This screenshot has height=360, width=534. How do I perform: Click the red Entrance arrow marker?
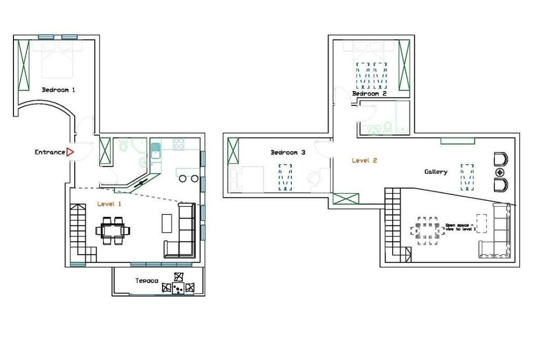coord(70,152)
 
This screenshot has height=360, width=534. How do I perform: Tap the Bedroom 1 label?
coord(58,90)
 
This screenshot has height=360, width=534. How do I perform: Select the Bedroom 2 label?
coord(370,93)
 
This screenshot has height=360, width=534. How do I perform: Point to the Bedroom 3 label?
coord(288,152)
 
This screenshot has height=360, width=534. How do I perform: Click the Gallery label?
coord(435,172)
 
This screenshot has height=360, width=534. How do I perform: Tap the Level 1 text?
coord(109,204)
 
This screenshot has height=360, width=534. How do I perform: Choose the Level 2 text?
coord(364,160)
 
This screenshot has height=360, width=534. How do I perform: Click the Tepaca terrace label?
coord(147,281)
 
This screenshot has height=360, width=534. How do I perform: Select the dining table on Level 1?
coord(113,231)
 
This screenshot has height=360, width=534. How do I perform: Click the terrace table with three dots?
coord(178,288)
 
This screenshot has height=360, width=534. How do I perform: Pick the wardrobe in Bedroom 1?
coord(23,65)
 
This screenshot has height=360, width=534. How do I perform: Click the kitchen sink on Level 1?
coord(156,151)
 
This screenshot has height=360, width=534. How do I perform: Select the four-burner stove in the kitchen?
coord(178,144)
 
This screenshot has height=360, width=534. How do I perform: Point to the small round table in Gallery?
coord(500,173)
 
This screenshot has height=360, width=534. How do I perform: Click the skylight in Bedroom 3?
coord(285,177)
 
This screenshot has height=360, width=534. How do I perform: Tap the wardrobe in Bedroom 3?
coord(233,150)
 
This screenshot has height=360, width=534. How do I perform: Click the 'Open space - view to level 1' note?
coord(461,228)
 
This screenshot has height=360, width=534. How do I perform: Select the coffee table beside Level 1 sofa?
coord(167,223)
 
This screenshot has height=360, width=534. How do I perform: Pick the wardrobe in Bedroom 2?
coord(404,65)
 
